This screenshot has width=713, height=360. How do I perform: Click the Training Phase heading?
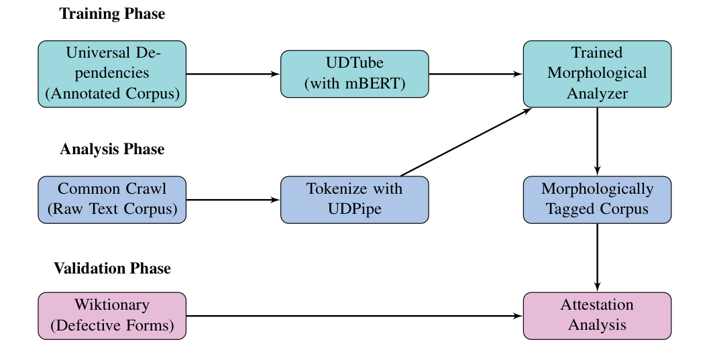[112, 14]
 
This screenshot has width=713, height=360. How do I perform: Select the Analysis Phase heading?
[112, 149]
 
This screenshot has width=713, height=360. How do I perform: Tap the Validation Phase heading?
[112, 269]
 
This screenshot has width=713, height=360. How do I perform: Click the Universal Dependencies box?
[112, 74]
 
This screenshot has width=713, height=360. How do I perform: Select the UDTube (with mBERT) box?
[354, 74]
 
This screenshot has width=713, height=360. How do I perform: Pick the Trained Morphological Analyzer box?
[597, 74]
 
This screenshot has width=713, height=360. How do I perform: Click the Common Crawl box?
[112, 200]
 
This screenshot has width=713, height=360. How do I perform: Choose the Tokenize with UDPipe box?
[354, 200]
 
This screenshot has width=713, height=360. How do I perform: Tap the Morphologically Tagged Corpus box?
[597, 200]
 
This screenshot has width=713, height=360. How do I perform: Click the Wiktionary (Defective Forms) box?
[112, 316]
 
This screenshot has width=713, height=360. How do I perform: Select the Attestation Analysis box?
[597, 316]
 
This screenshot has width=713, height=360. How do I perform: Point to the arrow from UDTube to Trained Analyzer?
[476, 74]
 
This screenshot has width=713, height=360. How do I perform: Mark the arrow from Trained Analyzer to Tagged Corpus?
[597, 141]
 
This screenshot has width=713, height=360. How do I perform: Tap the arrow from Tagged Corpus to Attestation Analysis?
[597, 257]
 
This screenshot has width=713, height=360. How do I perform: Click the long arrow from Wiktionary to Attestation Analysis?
[354, 316]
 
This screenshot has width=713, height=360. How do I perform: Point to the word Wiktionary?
[112, 306]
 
